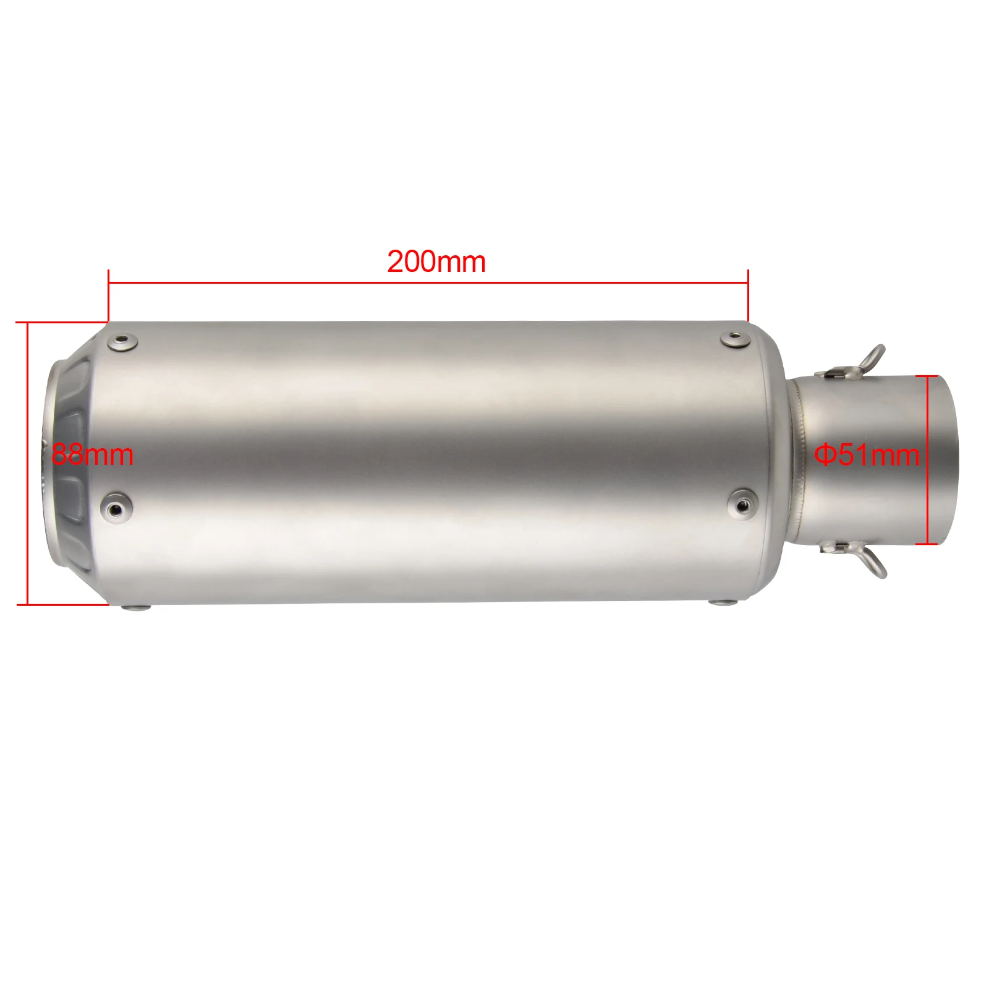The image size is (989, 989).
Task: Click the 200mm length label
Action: click(436, 261)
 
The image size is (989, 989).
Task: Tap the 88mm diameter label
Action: click(93, 454)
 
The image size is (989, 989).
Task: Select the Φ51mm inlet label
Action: click(867, 455)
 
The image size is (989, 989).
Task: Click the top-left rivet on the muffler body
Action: click(122, 342)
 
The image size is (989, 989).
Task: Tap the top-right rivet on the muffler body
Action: click(735, 338)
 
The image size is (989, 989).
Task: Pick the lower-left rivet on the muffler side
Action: click(116, 507)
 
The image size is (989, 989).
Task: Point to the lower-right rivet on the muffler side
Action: click(742, 504)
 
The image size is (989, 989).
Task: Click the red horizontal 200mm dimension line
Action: click(428, 283)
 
